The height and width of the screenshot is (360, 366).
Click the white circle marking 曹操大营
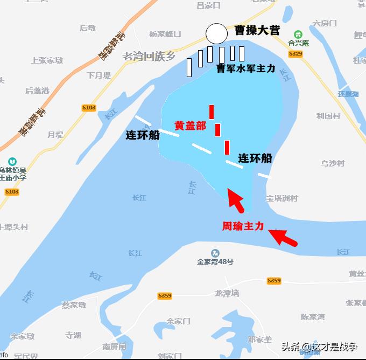pyautogui.click(x=216, y=33)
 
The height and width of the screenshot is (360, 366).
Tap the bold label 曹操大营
pyautogui.click(x=257, y=30)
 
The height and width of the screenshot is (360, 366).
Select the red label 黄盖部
pyautogui.click(x=190, y=126)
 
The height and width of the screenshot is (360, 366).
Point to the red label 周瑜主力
pyautogui.click(x=243, y=226)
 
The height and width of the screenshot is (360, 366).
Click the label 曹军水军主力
pyautogui.click(x=246, y=68)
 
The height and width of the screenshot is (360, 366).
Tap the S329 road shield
pyautogui.click(x=295, y=54)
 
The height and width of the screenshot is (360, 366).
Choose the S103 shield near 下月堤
pyautogui.click(x=89, y=108)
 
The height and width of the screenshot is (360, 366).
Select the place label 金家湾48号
pyautogui.click(x=215, y=262)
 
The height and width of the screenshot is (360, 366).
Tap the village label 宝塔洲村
pyautogui.click(x=282, y=198)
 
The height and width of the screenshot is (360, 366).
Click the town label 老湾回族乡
pyautogui.click(x=149, y=56)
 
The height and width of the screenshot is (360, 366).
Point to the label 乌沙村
pyautogui.click(x=333, y=163)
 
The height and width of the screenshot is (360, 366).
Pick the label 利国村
pyautogui.click(x=328, y=116)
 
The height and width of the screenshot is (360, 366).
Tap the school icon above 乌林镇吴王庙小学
pyautogui.click(x=12, y=161)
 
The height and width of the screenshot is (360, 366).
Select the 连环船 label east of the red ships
pyautogui.click(x=255, y=158)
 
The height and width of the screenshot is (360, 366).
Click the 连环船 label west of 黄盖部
pyautogui.click(x=143, y=135)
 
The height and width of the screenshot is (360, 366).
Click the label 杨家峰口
pyautogui.click(x=165, y=34)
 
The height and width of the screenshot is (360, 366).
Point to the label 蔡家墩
pyautogui.click(x=74, y=305)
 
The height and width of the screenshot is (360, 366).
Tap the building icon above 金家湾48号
pyautogui.click(x=215, y=253)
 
